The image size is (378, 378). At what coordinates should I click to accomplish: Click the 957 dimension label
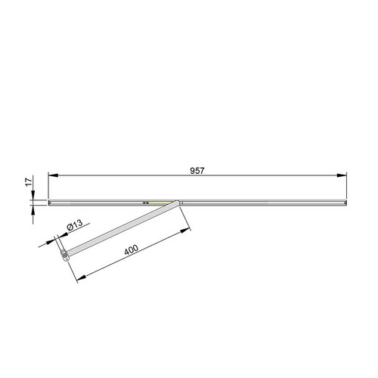(197, 171)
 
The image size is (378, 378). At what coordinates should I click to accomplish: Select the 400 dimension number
(132, 249)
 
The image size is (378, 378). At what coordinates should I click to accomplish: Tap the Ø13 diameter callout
(75, 225)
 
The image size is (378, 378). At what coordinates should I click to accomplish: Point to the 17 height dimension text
(29, 182)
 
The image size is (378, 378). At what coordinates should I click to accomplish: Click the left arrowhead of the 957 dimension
(53, 175)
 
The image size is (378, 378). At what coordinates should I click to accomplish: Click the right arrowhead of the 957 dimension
(342, 175)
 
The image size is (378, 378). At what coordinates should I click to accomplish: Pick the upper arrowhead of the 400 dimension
(185, 231)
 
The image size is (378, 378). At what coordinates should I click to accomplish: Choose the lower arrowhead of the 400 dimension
(81, 277)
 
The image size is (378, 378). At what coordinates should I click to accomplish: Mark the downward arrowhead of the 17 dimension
(33, 195)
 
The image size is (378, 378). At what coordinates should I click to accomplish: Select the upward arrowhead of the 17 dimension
(33, 210)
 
